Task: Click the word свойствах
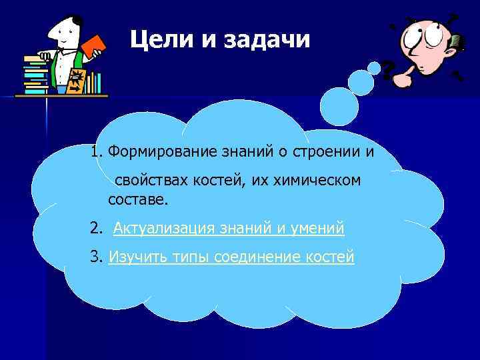pos(149,181)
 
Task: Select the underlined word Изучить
pos(133,257)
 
